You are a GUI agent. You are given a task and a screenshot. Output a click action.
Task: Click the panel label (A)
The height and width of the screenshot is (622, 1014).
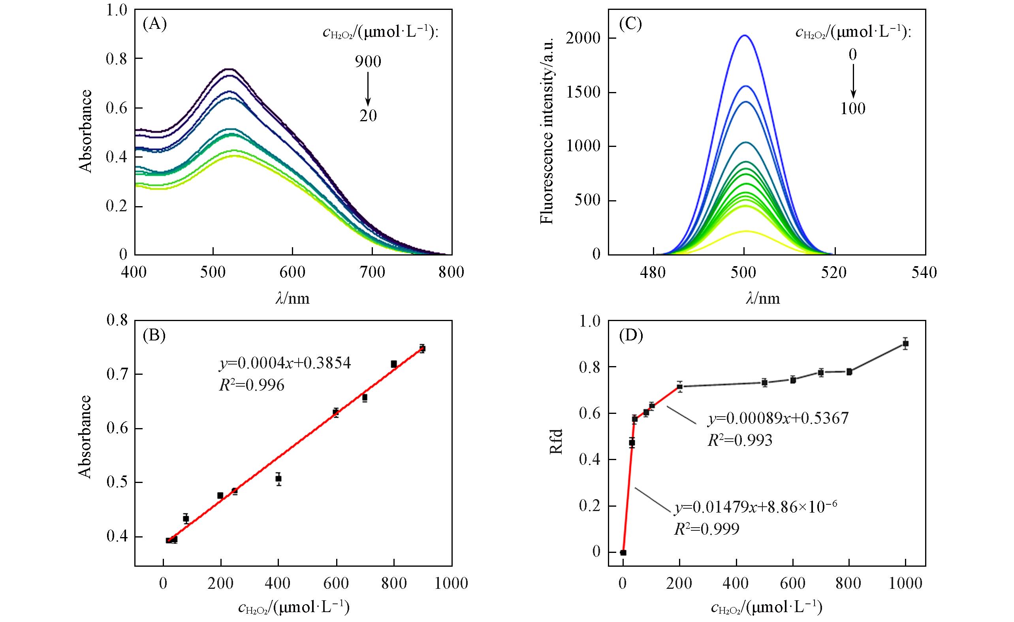pyautogui.click(x=154, y=24)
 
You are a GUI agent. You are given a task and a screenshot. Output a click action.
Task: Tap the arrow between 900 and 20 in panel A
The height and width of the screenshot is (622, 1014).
pyautogui.click(x=368, y=89)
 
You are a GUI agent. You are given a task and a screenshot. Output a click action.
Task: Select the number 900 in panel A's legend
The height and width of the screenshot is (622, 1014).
pyautogui.click(x=368, y=62)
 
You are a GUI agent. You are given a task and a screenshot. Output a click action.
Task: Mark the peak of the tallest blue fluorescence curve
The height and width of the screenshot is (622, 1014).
pyautogui.click(x=745, y=36)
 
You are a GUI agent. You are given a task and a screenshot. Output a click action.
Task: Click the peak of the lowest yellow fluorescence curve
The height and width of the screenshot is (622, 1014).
pyautogui.click(x=745, y=231)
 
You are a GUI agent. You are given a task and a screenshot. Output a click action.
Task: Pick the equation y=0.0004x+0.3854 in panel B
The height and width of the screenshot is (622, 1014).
pyautogui.click(x=284, y=363)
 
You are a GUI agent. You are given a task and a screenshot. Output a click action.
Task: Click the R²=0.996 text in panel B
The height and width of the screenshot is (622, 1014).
pyautogui.click(x=252, y=385)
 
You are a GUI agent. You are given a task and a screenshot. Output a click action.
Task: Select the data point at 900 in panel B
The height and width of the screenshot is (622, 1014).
pyautogui.click(x=422, y=348)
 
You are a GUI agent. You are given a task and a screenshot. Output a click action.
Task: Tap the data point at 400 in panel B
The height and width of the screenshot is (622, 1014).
pyautogui.click(x=278, y=478)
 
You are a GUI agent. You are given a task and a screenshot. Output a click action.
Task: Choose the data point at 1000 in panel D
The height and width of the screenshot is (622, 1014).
pyautogui.click(x=905, y=344)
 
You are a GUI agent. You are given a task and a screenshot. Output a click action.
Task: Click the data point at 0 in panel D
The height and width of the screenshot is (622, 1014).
pyautogui.click(x=623, y=552)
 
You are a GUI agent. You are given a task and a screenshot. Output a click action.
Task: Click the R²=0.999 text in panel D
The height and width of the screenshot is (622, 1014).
pyautogui.click(x=706, y=529)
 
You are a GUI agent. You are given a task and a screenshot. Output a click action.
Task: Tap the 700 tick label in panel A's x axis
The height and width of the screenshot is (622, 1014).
pyautogui.click(x=372, y=272)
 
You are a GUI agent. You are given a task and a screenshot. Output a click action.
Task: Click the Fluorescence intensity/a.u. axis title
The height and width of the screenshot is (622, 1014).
pyautogui.click(x=547, y=131)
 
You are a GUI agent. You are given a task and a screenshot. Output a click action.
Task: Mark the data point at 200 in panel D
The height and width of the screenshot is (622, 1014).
pyautogui.click(x=679, y=386)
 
